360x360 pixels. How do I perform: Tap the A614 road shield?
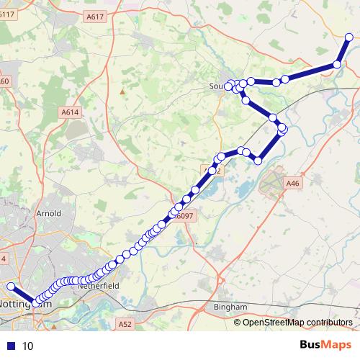tap(70, 112)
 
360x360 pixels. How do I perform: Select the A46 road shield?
tap(292, 184)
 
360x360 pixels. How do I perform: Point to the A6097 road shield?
tap(184, 216)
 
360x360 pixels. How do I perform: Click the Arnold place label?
tap(48, 214)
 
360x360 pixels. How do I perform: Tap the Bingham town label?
tap(230, 307)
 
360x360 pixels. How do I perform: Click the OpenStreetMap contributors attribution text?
tap(297, 323)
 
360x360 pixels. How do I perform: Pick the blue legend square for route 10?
tap(11, 346)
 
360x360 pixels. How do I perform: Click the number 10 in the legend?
tap(28, 346)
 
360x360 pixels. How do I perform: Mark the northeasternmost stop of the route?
tap(350, 37)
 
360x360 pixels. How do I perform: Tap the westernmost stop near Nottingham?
tap(11, 287)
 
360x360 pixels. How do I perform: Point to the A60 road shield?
tap(4, 81)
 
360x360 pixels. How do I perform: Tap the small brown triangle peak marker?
tap(123, 91)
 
